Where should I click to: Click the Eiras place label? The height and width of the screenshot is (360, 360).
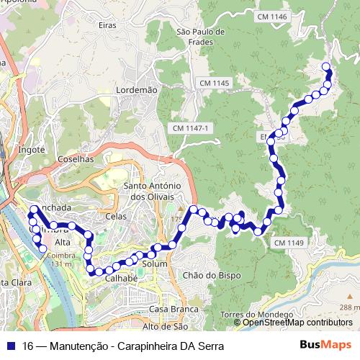pos(106,24)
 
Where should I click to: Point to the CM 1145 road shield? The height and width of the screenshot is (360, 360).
pos(214,84)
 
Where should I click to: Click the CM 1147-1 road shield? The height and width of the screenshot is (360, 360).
pos(191,127)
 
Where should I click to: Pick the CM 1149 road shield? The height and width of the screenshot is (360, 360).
pos(288,243)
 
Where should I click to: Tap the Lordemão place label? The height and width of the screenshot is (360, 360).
pos(136,90)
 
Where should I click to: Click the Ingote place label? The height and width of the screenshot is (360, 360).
pos(32,150)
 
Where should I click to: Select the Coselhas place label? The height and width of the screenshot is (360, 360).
pos(75,159)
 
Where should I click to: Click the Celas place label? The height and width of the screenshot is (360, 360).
pos(115,216)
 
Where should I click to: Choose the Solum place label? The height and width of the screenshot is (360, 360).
pos(155,264)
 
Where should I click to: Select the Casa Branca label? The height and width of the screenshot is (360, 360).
pos(173,309)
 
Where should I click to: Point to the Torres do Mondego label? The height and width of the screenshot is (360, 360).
pos(257,315)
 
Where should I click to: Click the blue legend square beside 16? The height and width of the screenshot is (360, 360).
pos(11,346)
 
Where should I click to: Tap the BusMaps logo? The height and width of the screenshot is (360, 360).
pos(326,345)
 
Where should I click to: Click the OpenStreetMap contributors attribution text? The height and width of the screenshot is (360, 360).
pos(297,323)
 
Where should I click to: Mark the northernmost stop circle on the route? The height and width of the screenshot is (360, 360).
pos(326,67)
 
